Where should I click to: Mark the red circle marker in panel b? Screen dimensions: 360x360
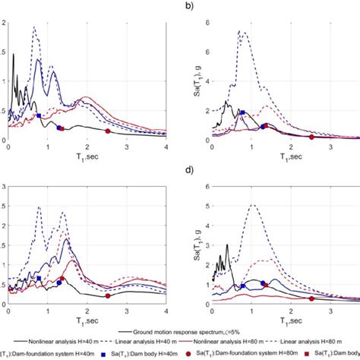click(x=312, y=137)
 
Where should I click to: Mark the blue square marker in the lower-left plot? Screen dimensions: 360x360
click(x=39, y=279)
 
